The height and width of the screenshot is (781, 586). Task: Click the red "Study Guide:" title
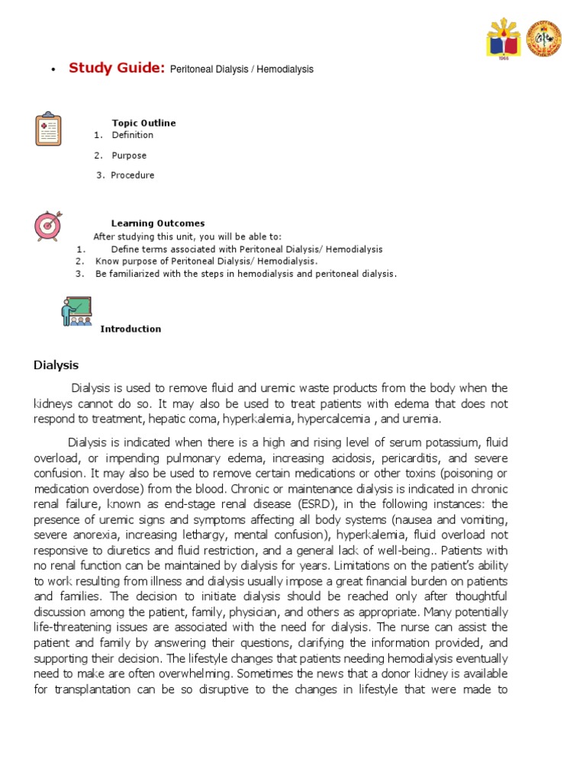(117, 68)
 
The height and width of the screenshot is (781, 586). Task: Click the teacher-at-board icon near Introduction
(76, 311)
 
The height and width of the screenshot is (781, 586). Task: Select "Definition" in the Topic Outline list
(132, 135)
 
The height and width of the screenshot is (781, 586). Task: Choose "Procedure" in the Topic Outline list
(132, 175)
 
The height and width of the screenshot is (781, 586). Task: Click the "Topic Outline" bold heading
(143, 123)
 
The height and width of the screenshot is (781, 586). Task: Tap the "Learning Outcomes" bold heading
(157, 223)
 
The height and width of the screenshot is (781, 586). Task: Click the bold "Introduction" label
(130, 329)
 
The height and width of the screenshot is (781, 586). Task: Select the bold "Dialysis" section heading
(56, 365)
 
